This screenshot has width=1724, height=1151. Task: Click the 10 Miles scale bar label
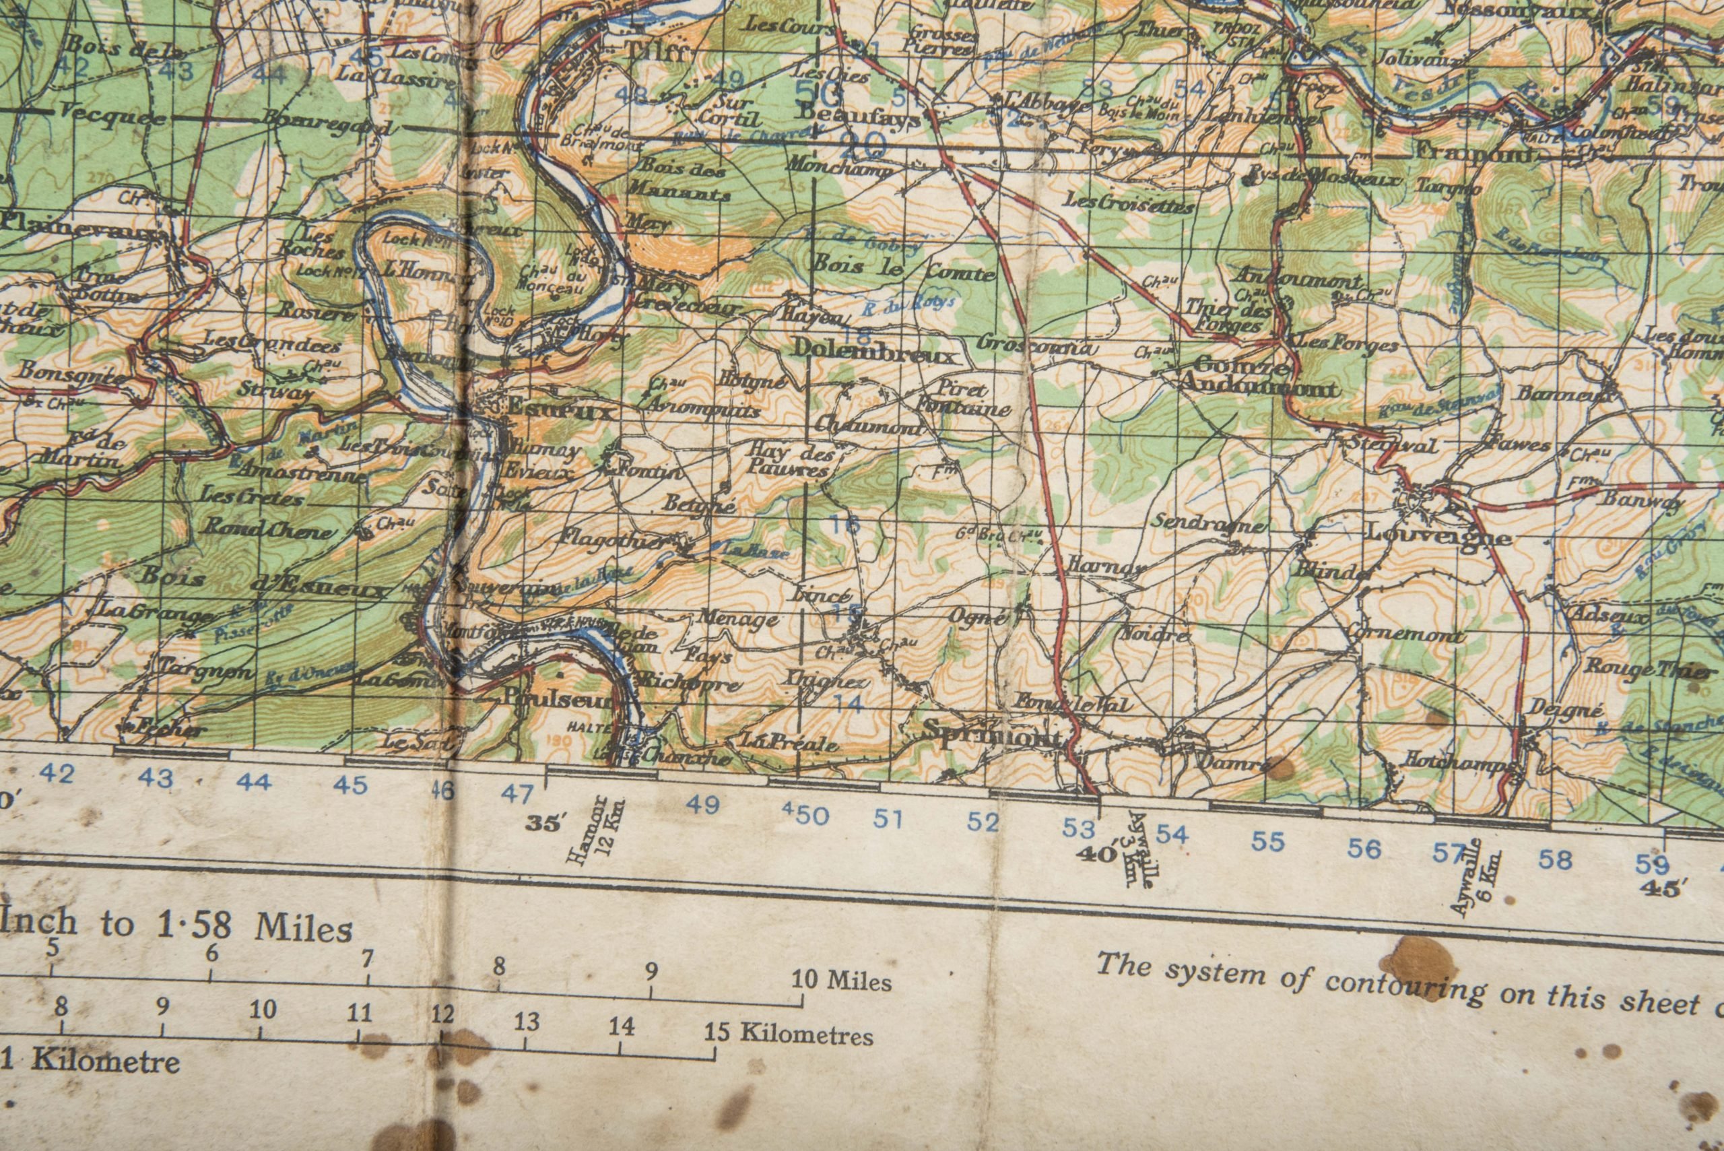tap(841, 980)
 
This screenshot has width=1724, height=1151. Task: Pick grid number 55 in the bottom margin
tap(1267, 841)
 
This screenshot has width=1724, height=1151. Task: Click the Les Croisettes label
tap(1129, 202)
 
